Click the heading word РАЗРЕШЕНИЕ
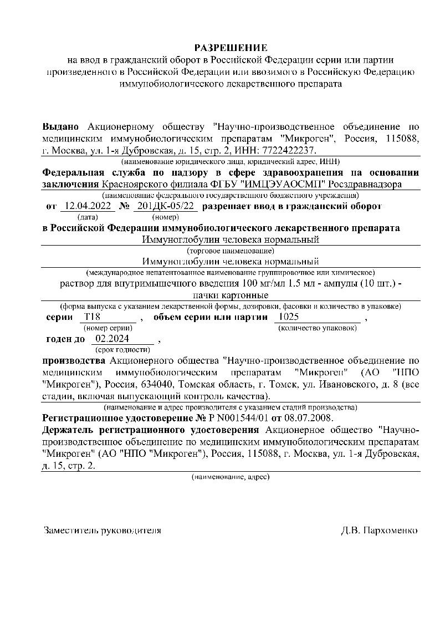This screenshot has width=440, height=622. (230, 48)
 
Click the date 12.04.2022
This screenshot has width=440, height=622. (87, 207)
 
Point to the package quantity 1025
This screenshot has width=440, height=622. (289, 317)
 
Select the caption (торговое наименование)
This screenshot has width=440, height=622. (231, 251)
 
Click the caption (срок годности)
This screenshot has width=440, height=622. (122, 350)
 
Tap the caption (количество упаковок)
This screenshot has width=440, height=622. (317, 328)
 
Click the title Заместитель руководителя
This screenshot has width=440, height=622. (103, 531)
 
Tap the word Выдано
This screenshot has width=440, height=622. (61, 127)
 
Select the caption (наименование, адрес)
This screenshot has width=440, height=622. (231, 477)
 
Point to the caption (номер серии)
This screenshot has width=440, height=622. (108, 328)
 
